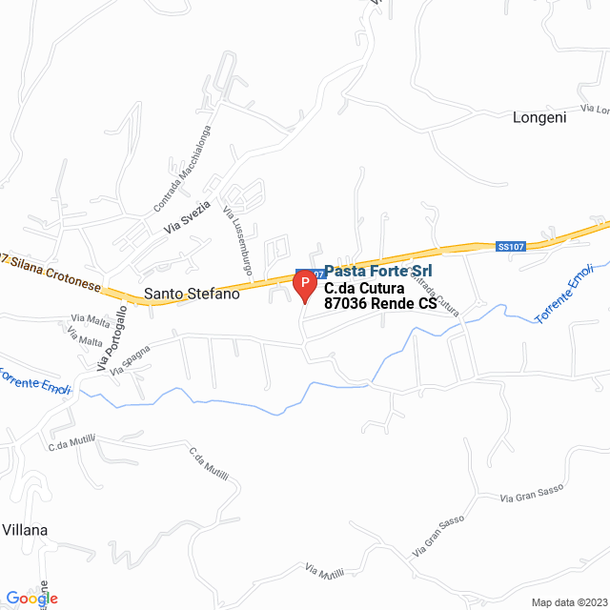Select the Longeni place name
click(539, 118)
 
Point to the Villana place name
click(25, 530)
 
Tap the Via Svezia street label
click(185, 220)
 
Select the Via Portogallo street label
click(112, 339)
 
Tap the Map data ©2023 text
click(568, 602)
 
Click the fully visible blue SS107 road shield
click(511, 247)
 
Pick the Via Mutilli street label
click(324, 572)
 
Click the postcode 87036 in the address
click(346, 304)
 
